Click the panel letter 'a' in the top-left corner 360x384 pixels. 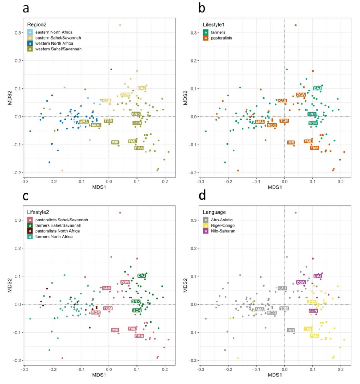pyautogui.click(x=26, y=8)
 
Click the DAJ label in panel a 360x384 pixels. pyautogui.click(x=142, y=88)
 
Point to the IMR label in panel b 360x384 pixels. pyautogui.click(x=291, y=142)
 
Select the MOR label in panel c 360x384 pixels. pyautogui.click(x=95, y=312)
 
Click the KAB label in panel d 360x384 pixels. pyautogui.click(x=282, y=288)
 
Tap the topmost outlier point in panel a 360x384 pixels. pyautogui.click(x=120, y=25)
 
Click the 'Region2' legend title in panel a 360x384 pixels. pyautogui.click(x=36, y=24)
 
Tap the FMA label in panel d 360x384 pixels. pyautogui.click(x=315, y=335)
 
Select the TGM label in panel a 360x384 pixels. pyautogui.click(x=108, y=121)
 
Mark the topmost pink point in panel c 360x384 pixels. pyautogui.click(x=120, y=212)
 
